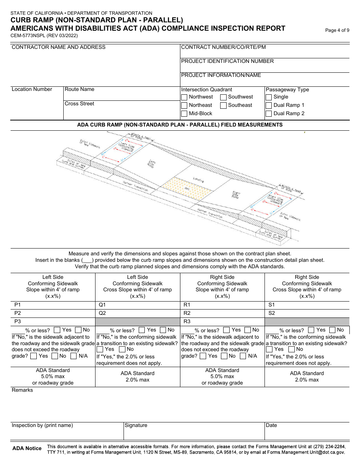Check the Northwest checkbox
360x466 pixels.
184,97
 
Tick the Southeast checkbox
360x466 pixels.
223,105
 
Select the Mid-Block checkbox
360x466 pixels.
184,114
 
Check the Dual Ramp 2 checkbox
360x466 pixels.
269,114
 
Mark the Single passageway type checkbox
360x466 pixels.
269,97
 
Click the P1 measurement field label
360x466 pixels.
17,305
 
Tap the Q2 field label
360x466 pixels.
102,313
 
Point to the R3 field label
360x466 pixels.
187,321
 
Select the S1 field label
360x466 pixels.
271,305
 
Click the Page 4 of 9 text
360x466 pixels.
337,31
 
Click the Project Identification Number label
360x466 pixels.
227,61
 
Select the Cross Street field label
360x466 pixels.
79,103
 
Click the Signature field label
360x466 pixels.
136,425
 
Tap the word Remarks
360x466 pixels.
22,390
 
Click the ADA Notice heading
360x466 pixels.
27,448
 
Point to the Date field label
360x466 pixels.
271,425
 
